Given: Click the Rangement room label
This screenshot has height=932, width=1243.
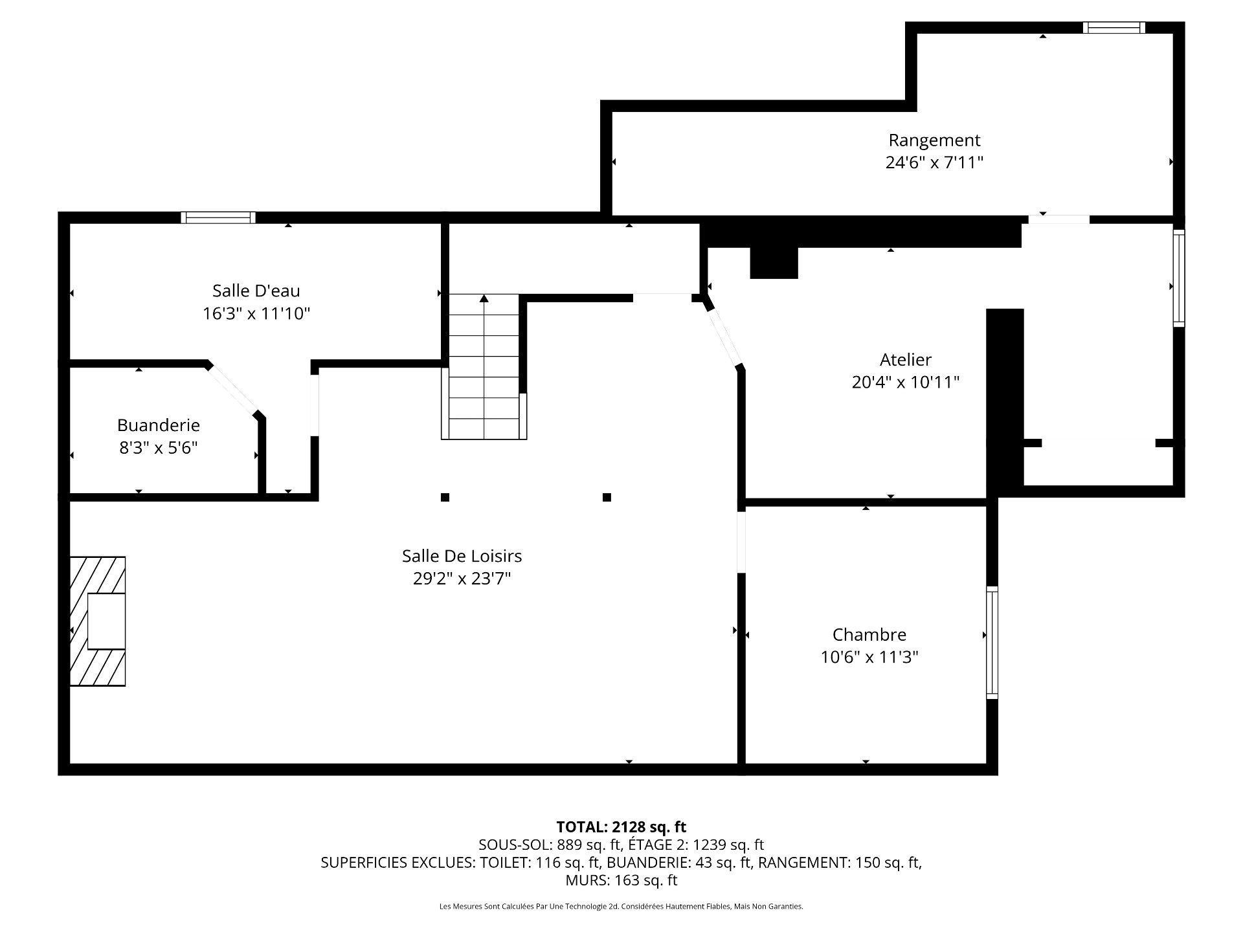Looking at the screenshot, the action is (x=934, y=140).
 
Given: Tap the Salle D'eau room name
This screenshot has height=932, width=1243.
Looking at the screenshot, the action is (x=256, y=291).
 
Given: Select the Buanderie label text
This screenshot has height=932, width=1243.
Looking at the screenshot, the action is (x=159, y=425).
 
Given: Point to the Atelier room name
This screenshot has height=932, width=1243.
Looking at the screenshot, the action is (x=906, y=359).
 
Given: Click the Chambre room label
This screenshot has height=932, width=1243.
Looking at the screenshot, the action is (x=869, y=634).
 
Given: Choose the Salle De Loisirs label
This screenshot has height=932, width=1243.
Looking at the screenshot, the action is (x=462, y=556).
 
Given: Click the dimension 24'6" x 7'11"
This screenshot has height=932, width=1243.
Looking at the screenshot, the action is (x=934, y=162).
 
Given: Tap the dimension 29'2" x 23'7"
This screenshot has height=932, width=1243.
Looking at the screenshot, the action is (x=462, y=579).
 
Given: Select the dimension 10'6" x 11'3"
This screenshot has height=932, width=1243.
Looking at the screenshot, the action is (x=869, y=657).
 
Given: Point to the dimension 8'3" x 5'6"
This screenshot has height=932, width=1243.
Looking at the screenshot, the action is (x=159, y=448).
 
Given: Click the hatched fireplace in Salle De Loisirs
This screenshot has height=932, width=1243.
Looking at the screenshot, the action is (x=98, y=621).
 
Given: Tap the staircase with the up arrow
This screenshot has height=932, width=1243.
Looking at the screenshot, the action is (x=484, y=367).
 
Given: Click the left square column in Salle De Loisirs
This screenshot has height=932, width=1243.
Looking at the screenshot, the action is (x=445, y=497).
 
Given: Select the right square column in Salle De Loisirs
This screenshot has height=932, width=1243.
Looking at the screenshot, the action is (x=607, y=497).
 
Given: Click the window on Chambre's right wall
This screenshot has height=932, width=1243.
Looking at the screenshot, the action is (x=992, y=642).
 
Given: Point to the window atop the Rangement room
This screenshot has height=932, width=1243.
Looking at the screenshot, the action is (x=1114, y=27).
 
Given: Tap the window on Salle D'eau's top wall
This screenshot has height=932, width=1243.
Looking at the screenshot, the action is (x=218, y=217).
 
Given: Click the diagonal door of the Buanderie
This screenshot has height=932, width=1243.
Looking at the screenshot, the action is (x=233, y=389).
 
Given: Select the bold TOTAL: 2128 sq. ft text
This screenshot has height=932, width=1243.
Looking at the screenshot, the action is (x=621, y=827).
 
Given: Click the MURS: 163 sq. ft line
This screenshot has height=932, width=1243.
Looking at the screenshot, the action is (x=621, y=880).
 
